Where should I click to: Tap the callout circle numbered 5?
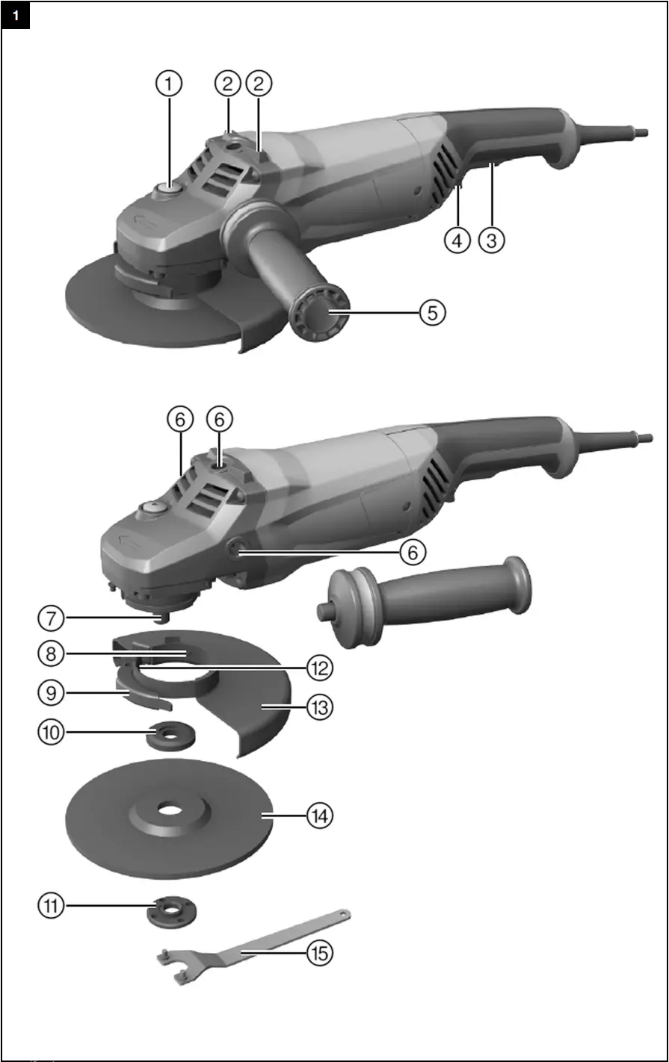click(x=432, y=312)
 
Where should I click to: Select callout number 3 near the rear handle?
click(x=492, y=240)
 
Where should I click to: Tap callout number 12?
click(x=319, y=668)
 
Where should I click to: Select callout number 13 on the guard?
click(x=319, y=707)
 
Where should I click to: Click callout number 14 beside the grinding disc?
click(x=319, y=816)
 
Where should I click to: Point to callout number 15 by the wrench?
click(x=319, y=953)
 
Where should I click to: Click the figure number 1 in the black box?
click(x=16, y=15)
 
